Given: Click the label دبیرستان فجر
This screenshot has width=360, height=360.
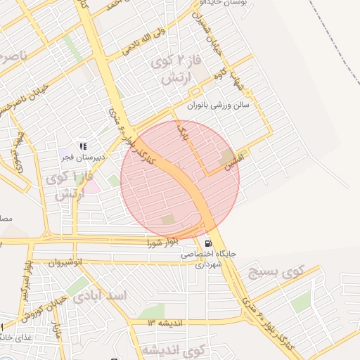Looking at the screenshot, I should pyautogui.click(x=82, y=157).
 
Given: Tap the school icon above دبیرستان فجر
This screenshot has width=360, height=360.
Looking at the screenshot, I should pyautogui.click(x=83, y=146).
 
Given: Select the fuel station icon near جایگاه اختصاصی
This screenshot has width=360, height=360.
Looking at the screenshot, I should pyautogui.click(x=207, y=243).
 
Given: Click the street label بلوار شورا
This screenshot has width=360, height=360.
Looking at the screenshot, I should pyautogui.click(x=162, y=243).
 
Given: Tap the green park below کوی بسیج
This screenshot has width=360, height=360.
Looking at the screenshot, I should pyautogui.click(x=301, y=302).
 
